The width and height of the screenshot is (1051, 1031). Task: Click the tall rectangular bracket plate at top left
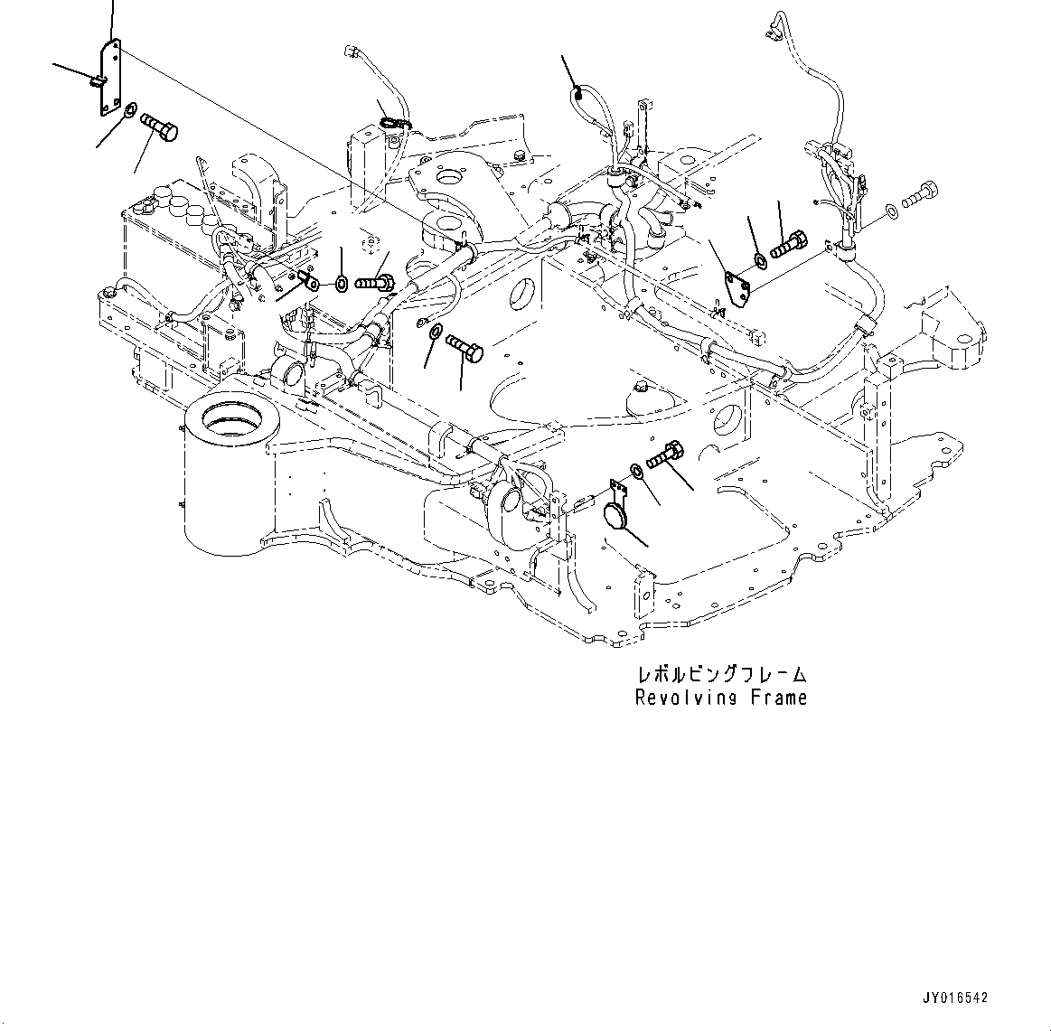[x=108, y=80]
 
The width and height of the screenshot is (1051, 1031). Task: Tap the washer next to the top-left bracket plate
[x=129, y=111]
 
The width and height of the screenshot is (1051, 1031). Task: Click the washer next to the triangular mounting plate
[x=760, y=261]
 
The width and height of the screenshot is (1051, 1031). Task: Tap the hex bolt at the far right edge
[x=919, y=192]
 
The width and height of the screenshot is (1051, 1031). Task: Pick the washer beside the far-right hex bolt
[x=892, y=210]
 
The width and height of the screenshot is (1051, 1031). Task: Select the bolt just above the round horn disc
[x=666, y=455]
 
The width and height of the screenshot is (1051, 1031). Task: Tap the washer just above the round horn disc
[x=637, y=471]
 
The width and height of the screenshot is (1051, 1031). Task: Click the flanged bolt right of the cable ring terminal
[x=373, y=284]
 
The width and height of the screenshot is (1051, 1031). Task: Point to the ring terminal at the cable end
[x=311, y=285]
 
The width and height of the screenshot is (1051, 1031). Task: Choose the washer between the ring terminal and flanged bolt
[x=342, y=284]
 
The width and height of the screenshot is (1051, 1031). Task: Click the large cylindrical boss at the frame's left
[x=229, y=470]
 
